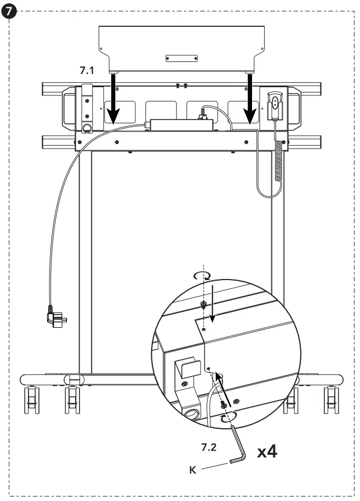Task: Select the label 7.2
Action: [209, 447]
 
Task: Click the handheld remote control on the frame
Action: [275, 105]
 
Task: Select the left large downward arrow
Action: [113, 99]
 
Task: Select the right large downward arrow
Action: [251, 99]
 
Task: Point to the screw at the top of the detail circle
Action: [203, 304]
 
